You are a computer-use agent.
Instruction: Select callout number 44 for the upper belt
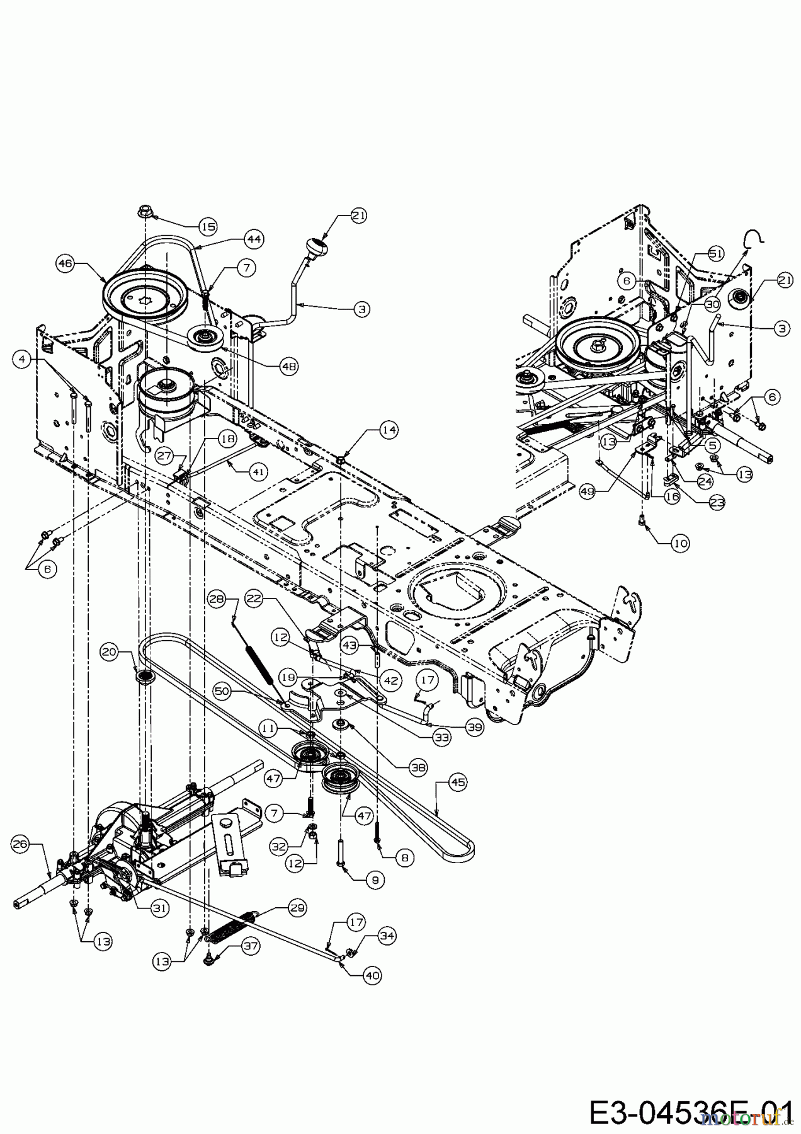coord(254,239)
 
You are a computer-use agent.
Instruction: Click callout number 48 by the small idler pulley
coord(289,366)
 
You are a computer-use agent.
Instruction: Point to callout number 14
coord(389,430)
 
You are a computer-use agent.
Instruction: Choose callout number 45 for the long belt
coord(457,782)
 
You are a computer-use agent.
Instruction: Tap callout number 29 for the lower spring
coord(297,908)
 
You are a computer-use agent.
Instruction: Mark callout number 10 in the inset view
coord(679,543)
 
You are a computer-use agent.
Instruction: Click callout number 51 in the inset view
coord(716,254)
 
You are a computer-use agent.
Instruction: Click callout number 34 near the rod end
coord(387,937)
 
